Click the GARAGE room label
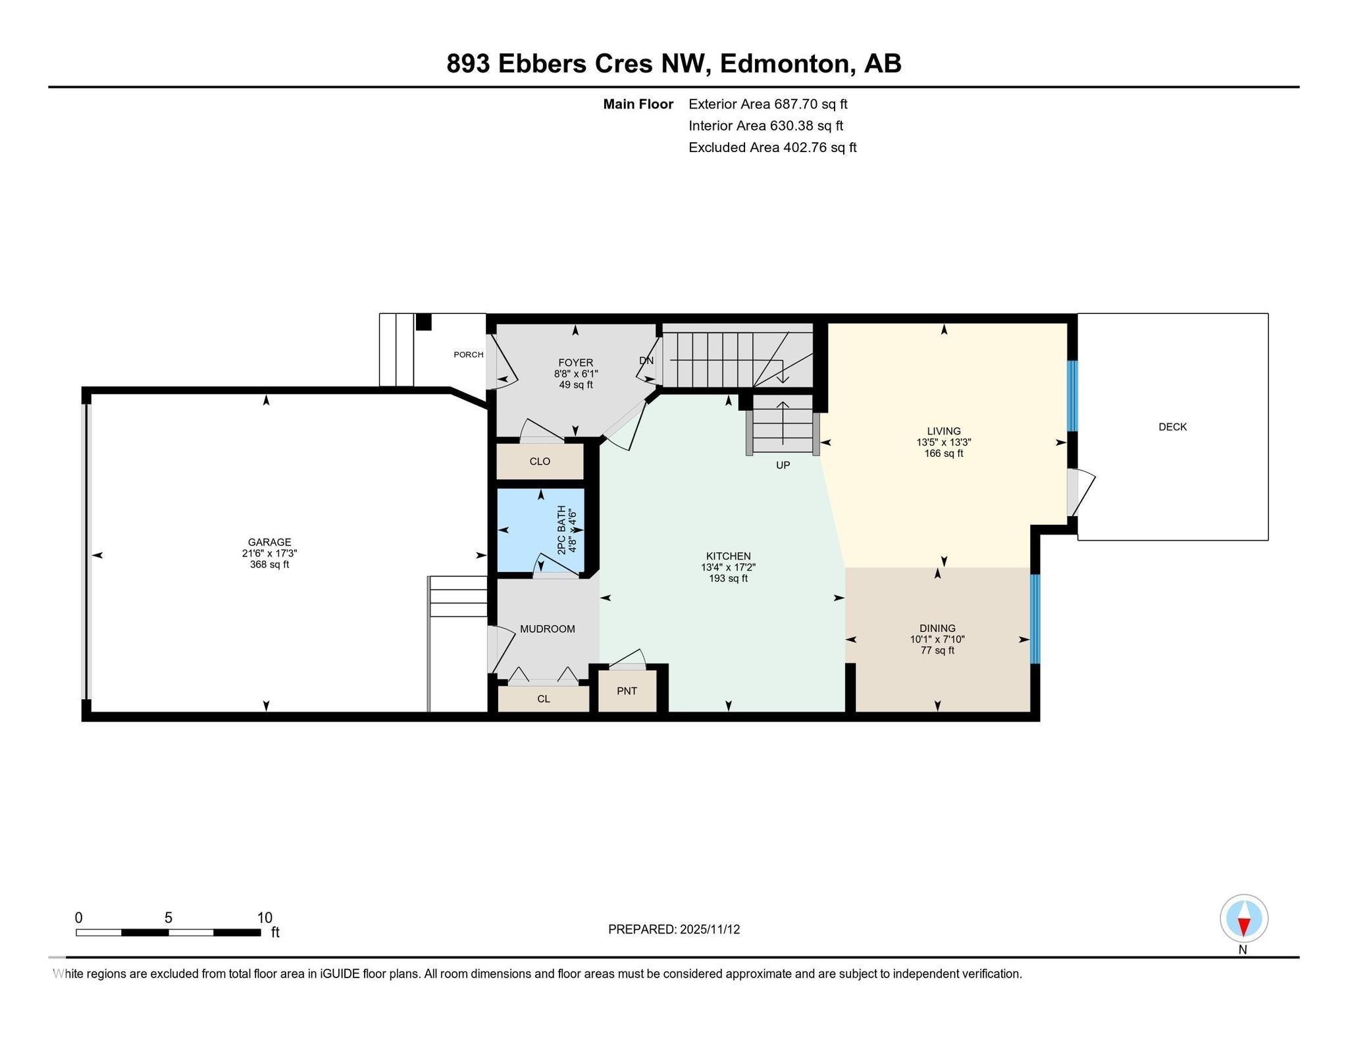point(269,542)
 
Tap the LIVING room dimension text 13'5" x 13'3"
point(943,442)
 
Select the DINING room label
point(937,628)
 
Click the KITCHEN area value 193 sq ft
point(728,579)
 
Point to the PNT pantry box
point(627,690)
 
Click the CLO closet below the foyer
point(540,461)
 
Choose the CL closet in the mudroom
point(543,699)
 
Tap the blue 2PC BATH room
point(540,530)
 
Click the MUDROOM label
point(547,629)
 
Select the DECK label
point(1172,427)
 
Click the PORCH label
point(468,355)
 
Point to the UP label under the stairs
point(783,465)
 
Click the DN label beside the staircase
point(646,361)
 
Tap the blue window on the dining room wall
point(1034,619)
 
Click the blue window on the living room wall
point(1072,395)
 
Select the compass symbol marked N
point(1243,918)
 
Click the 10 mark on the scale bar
point(265,918)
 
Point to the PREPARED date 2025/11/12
point(674,929)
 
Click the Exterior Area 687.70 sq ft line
point(767,104)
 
